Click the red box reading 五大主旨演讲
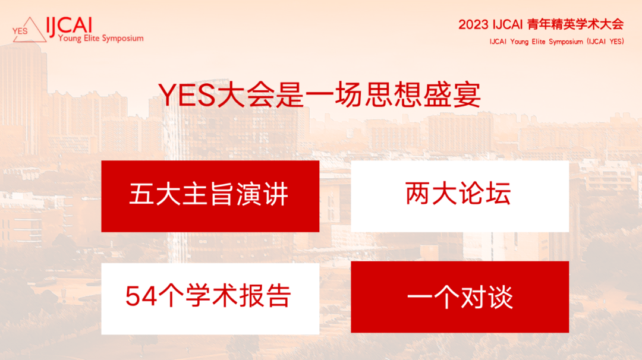[210, 197]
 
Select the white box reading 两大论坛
[460, 197]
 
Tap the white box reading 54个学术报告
[210, 299]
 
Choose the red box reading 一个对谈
[460, 297]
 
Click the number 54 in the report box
[141, 296]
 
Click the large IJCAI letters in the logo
[69, 26]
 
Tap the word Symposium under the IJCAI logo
[122, 39]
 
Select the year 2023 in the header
[473, 24]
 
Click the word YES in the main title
[187, 95]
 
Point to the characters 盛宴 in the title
[451, 95]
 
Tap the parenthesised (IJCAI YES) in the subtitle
[605, 42]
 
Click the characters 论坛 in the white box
[485, 193]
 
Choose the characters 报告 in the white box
[265, 295]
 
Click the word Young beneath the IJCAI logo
[70, 39]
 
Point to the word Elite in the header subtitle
[538, 42]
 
